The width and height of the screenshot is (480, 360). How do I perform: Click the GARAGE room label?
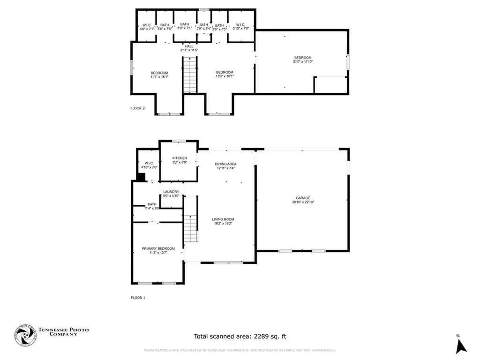302,198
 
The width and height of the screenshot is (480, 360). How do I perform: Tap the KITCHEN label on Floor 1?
180,158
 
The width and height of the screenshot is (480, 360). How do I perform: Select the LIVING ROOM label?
223,219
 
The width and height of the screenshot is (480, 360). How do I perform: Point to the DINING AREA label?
225,164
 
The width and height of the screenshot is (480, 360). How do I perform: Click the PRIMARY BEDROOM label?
158,248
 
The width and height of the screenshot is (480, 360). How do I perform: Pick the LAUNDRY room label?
171,192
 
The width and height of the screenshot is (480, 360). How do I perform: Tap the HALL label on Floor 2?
189,46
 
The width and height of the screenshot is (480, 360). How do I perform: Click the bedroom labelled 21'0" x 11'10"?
302,58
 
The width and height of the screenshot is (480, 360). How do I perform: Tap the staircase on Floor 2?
189,75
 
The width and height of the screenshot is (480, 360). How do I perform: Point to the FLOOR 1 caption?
138,298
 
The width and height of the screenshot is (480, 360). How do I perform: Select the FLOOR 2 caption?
138,108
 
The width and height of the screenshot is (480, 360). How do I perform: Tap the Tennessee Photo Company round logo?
25,336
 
